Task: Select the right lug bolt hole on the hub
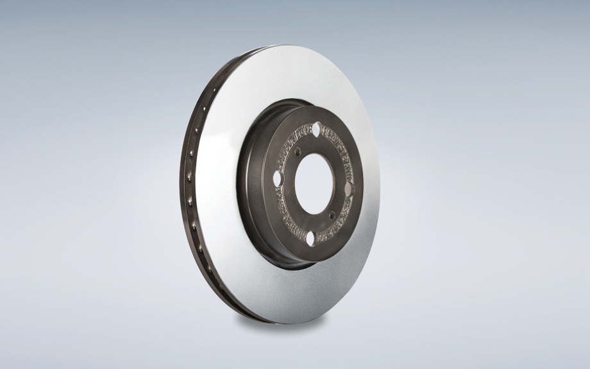350,189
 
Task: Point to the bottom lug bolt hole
310,239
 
